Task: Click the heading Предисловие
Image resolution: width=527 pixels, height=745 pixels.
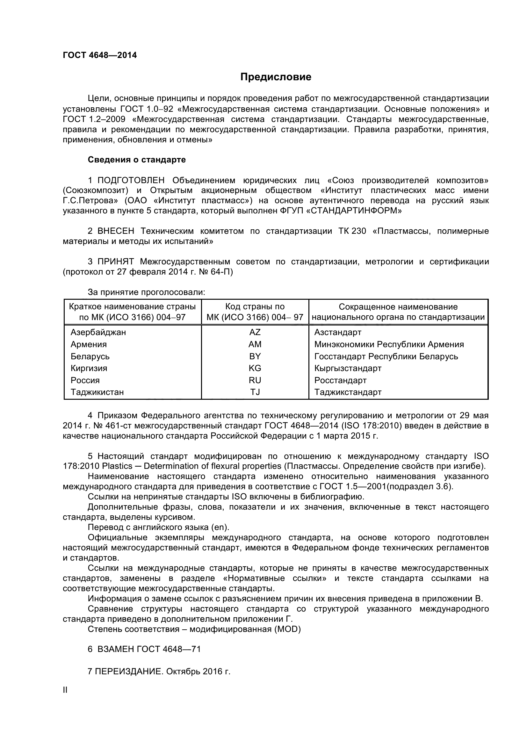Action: [276, 77]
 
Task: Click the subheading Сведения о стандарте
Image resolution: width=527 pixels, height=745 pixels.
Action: [137, 160]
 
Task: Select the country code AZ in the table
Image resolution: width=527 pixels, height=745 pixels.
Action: [255, 332]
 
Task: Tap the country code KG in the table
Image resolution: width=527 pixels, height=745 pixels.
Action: [255, 368]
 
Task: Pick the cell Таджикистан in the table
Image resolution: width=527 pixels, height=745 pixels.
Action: [97, 392]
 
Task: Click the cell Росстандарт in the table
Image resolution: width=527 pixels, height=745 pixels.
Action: [340, 380]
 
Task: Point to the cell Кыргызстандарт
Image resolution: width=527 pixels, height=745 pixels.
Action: [348, 368]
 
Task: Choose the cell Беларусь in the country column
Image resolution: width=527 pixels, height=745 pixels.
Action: [90, 356]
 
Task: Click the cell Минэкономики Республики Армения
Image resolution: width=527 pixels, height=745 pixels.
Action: [389, 344]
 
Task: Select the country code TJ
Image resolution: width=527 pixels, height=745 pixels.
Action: [255, 392]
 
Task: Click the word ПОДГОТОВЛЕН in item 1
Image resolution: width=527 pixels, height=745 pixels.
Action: [131, 180]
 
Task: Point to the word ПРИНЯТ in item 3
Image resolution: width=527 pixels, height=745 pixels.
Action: [116, 261]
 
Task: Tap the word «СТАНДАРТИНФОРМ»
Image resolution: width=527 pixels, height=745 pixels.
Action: [354, 211]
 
